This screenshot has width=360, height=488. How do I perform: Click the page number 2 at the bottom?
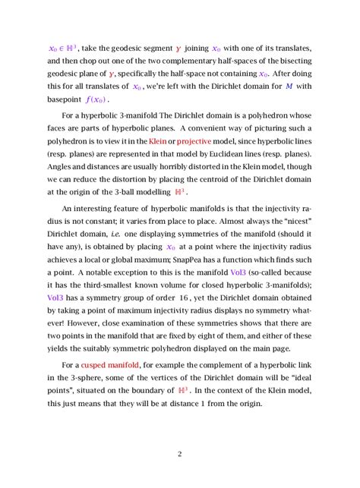(180, 454)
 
